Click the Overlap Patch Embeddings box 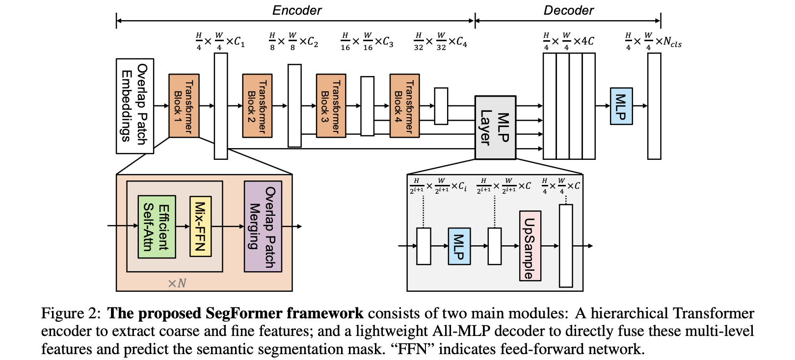pyautogui.click(x=134, y=106)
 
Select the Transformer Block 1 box pyautogui.click(x=184, y=105)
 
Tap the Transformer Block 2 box pyautogui.click(x=257, y=105)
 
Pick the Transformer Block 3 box pyautogui.click(x=331, y=105)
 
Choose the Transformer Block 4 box pyautogui.click(x=404, y=105)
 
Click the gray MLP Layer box pyautogui.click(x=495, y=128)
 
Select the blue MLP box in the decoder pyautogui.click(x=621, y=106)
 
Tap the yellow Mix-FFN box pyautogui.click(x=200, y=227)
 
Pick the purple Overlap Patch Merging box pyautogui.click(x=263, y=227)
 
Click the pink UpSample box pyautogui.click(x=530, y=246)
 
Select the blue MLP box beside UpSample pyautogui.click(x=459, y=246)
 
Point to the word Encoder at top pyautogui.click(x=297, y=10)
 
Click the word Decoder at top pyautogui.click(x=568, y=10)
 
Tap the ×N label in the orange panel pyautogui.click(x=177, y=283)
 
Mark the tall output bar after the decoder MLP pyautogui.click(x=654, y=106)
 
